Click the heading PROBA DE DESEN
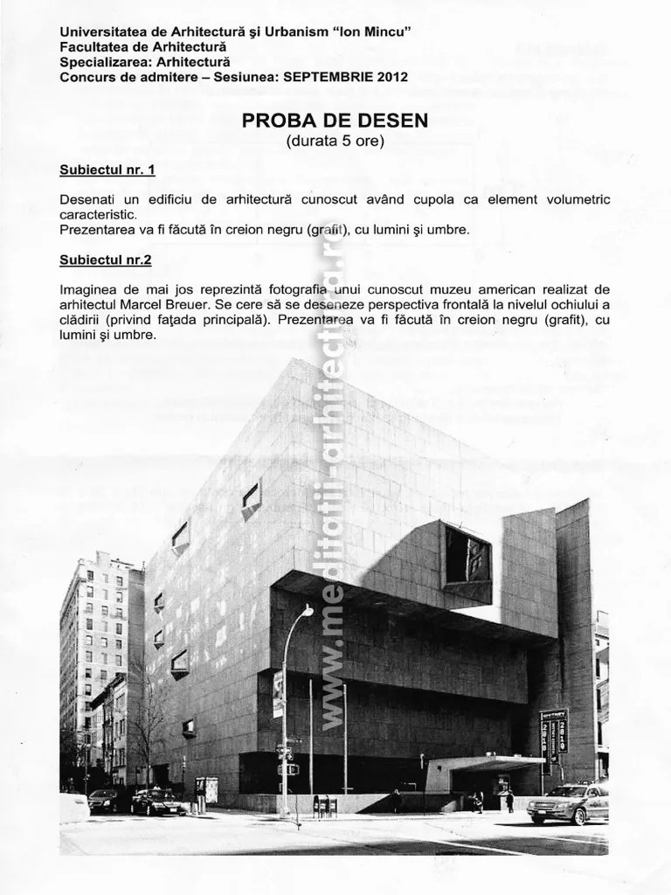tap(335, 121)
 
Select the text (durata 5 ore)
tap(335, 141)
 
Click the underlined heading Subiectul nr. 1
tap(107, 170)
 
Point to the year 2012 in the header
tap(392, 76)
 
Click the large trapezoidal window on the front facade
tap(467, 555)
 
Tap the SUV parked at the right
tap(567, 801)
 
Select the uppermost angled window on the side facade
tap(251, 497)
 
